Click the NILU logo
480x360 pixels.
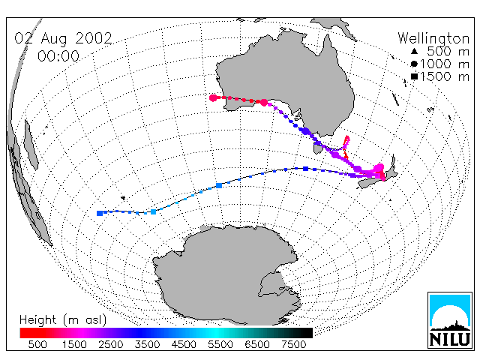click(x=450, y=320)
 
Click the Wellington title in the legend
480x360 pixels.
click(x=433, y=38)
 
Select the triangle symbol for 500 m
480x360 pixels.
click(x=414, y=51)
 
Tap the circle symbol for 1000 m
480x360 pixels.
click(x=414, y=64)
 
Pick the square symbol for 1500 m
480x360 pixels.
click(x=414, y=76)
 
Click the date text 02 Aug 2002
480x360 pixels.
click(x=63, y=38)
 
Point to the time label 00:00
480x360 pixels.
click(x=58, y=56)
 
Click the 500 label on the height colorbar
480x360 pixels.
click(x=37, y=345)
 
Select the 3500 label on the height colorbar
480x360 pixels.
click(x=147, y=345)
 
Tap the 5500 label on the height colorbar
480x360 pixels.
click(x=220, y=345)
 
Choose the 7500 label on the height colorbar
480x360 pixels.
click(x=293, y=345)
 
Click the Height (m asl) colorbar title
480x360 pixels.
click(x=63, y=320)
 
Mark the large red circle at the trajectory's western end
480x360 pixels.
click(x=213, y=98)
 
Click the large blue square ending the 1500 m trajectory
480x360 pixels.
click(x=100, y=213)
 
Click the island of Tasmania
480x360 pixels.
click(x=317, y=148)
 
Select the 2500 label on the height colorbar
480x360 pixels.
click(x=110, y=345)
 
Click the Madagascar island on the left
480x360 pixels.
click(x=31, y=145)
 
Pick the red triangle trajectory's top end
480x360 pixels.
click(x=346, y=136)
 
